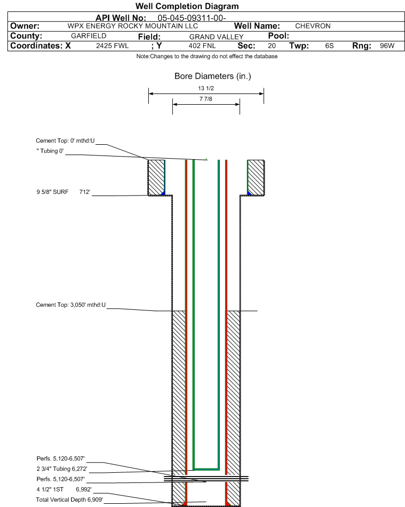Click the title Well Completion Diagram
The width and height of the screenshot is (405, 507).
(187, 6)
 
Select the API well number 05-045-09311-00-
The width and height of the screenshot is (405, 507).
(192, 18)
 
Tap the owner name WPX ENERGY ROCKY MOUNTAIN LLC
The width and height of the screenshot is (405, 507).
(133, 26)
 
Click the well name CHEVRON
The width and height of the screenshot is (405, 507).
(313, 26)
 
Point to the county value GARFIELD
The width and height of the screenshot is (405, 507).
(89, 36)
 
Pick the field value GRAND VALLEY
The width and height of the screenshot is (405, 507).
(217, 37)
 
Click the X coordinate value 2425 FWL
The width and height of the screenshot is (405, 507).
(113, 46)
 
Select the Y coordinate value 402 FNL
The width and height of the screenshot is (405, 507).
(202, 46)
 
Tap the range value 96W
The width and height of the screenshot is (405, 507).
(387, 46)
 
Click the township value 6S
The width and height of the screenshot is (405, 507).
(329, 46)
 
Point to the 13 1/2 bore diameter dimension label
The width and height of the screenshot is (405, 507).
(206, 88)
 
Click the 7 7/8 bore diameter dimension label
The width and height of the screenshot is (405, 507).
(206, 99)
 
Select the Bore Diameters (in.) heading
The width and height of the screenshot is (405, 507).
(212, 76)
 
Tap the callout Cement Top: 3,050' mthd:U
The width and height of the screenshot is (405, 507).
(71, 305)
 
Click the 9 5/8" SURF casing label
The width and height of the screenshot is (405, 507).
(52, 192)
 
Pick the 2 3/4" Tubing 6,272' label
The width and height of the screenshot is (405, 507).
(62, 469)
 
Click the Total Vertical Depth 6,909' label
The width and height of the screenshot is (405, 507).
(69, 500)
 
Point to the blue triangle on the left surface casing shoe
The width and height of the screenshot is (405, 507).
(163, 193)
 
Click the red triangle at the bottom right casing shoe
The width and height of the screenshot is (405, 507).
(227, 504)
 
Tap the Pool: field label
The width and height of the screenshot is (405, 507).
(279, 36)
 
